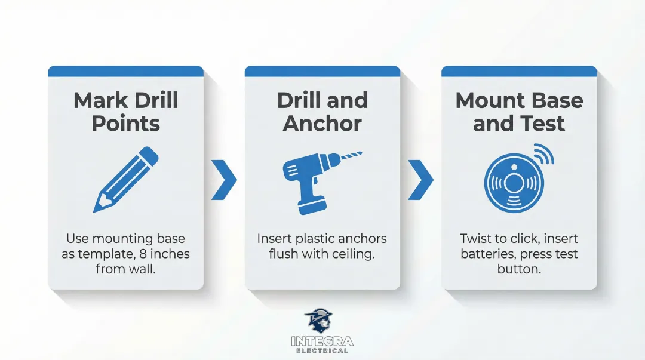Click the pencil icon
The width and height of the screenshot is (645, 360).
[126, 180]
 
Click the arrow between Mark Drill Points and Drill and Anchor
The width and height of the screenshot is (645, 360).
[224, 179]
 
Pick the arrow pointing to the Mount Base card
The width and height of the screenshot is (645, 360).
[420, 179]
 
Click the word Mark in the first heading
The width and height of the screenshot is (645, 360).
[99, 100]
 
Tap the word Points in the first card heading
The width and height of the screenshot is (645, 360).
[125, 124]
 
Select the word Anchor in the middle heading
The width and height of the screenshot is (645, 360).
[322, 124]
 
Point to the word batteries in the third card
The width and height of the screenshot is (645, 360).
[488, 254]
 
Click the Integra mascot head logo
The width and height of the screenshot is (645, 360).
[319, 321]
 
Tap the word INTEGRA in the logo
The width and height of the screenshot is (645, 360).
[322, 341]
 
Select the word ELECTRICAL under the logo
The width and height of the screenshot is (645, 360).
[322, 351]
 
